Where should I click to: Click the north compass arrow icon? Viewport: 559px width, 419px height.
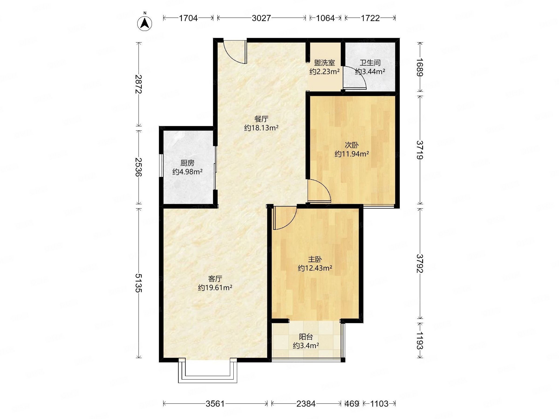point(145,24)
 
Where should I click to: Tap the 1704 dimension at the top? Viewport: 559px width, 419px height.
point(188,18)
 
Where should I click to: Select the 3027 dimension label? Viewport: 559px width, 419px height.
point(261,18)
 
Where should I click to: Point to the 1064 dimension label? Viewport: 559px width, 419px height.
point(325,18)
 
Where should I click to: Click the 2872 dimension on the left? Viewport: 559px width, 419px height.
point(139,84)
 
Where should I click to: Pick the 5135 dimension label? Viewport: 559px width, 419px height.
point(139,283)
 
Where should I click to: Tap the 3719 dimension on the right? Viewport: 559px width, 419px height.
point(420,150)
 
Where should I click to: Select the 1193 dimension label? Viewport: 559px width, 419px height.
point(420,341)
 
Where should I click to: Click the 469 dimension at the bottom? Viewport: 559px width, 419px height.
point(352,404)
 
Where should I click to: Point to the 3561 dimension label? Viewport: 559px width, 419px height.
point(215,404)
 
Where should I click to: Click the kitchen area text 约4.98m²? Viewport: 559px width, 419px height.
point(187,172)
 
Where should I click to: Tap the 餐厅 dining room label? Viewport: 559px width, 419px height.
point(261,119)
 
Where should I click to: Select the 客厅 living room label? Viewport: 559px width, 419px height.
point(215,279)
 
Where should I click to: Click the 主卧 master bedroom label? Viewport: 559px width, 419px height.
point(315,259)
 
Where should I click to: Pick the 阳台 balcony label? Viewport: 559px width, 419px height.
point(306,337)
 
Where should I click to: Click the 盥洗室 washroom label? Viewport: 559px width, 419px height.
point(324,63)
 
